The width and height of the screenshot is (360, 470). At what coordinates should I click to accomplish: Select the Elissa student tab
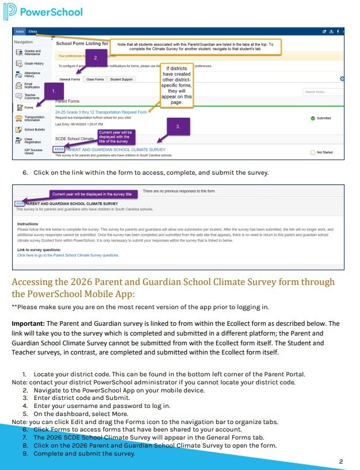tap(33, 31)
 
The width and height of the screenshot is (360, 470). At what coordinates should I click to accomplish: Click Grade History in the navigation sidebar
tap(33, 63)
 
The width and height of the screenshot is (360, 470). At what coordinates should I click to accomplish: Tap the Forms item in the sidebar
tap(29, 107)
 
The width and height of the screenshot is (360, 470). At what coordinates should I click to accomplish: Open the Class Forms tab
tap(95, 79)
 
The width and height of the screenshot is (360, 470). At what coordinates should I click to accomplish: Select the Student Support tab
tap(121, 79)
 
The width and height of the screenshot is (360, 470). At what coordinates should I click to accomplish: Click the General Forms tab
tap(70, 79)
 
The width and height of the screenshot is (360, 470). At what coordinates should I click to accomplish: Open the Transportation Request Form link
tap(101, 111)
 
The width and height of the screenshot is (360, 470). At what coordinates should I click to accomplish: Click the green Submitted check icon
tap(312, 118)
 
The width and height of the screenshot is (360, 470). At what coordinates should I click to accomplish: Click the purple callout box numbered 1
tap(53, 91)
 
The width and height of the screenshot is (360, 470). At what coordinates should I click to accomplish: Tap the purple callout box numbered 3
tap(178, 126)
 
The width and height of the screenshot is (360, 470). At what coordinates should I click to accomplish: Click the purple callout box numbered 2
tap(96, 57)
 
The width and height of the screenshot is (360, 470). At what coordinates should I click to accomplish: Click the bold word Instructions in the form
tap(28, 224)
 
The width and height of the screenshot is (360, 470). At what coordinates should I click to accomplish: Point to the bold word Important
tap(27, 323)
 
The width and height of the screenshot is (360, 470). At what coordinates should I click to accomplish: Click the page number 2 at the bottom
tap(341, 461)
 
